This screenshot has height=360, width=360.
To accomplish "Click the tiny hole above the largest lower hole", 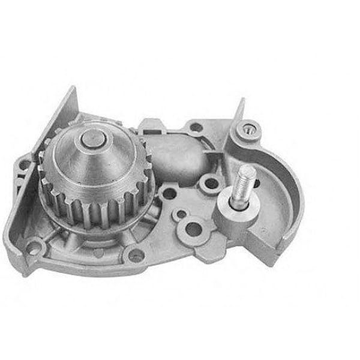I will pyautogui.click(x=179, y=213).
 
